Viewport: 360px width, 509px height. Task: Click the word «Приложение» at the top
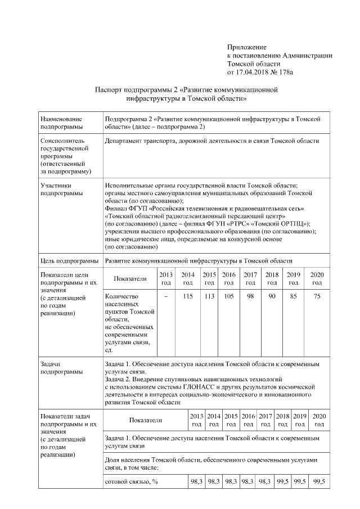[246, 47]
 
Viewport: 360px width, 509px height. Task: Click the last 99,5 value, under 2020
[319, 482]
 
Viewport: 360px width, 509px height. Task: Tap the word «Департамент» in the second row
[124, 141]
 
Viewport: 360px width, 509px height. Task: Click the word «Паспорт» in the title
[107, 89]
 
